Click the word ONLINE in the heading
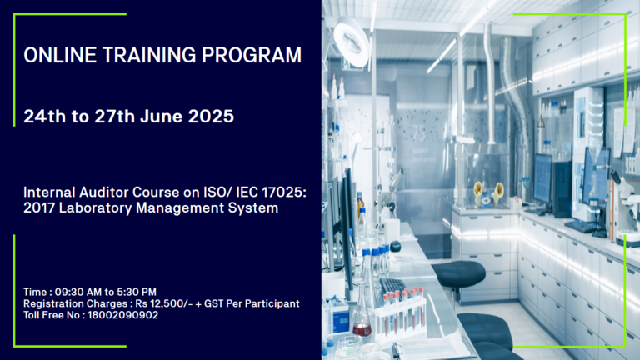[x=60, y=55]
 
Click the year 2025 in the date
[x=211, y=117]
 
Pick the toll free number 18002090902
[x=122, y=315]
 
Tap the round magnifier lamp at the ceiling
[x=351, y=42]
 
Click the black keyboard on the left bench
[x=393, y=285]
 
